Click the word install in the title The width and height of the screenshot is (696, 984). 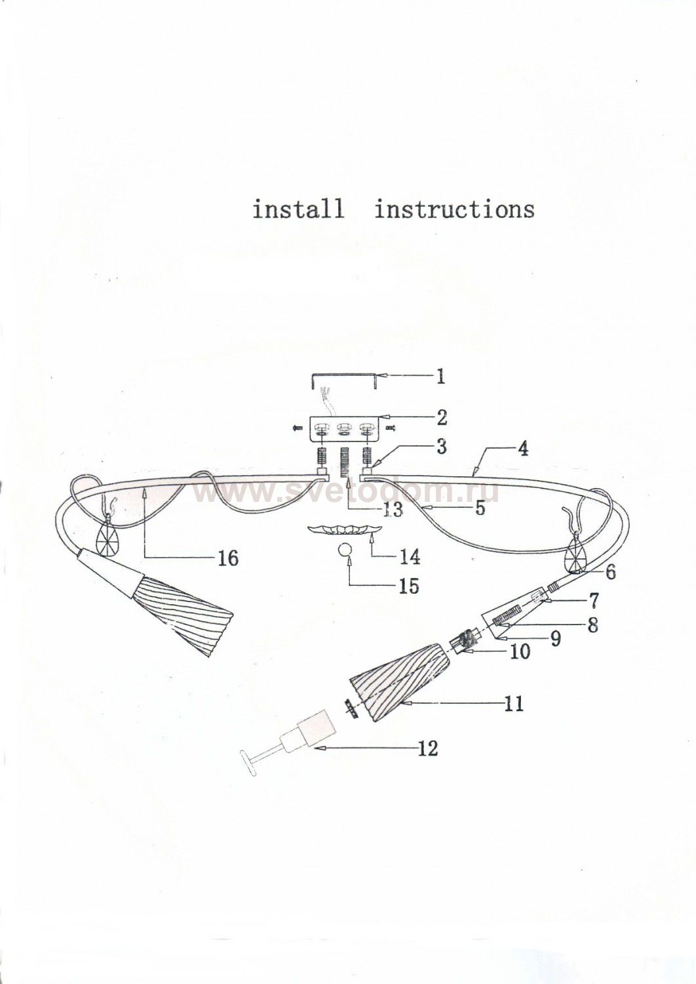point(298,209)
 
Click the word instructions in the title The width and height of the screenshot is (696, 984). point(455,209)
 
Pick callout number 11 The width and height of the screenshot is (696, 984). point(514,704)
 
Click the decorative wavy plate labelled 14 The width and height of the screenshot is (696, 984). point(344,529)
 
